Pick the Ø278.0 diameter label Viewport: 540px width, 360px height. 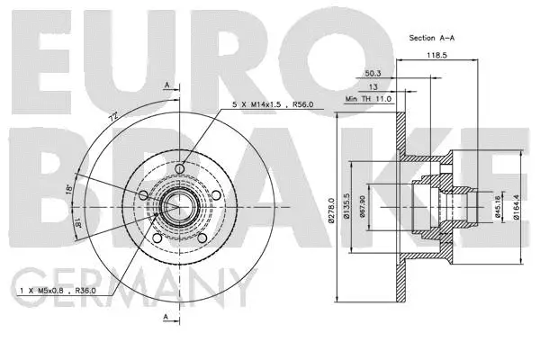click(332, 209)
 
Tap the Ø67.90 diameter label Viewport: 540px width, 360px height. click(362, 209)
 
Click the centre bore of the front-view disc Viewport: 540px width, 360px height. click(170, 206)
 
